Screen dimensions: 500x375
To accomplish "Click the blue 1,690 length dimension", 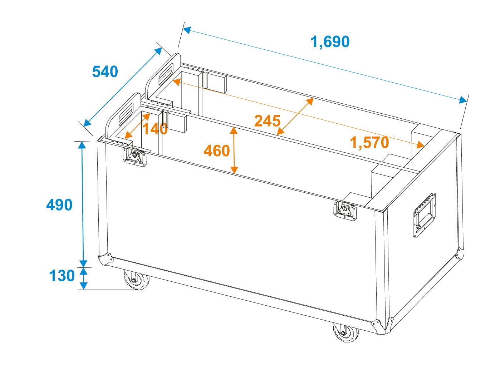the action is tap(330, 42).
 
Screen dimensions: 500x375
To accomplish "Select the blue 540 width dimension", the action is tap(105, 71).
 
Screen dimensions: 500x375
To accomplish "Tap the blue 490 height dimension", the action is tap(59, 205).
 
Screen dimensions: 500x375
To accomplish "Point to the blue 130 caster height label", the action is tap(62, 276).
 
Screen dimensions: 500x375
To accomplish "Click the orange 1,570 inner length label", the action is tap(369, 143).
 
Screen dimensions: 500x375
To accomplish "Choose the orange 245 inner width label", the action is tap(267, 121).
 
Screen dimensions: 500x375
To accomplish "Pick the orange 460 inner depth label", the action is tap(217, 151).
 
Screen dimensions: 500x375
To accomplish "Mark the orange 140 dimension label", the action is tap(155, 129).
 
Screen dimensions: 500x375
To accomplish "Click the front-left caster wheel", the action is tap(136, 280).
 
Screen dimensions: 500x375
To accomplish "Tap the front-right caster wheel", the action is tap(345, 332).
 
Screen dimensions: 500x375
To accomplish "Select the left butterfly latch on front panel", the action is tap(134, 157).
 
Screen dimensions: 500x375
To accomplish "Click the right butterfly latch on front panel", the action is tap(345, 211).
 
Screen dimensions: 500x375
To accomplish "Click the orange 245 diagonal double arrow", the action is tap(295, 116).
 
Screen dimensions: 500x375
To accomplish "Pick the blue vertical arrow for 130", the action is tap(84, 278).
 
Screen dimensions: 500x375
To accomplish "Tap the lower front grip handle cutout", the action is tap(126, 114).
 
